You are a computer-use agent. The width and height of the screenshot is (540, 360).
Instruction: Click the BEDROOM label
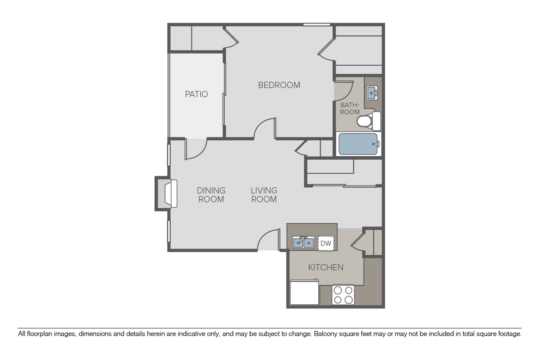coord(279,85)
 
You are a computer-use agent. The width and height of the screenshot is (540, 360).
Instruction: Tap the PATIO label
coord(196,94)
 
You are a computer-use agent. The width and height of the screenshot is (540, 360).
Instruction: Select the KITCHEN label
coord(326,267)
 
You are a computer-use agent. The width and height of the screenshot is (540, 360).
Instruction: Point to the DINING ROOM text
coord(211,195)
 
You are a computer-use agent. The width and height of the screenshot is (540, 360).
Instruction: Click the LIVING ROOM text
coord(264,195)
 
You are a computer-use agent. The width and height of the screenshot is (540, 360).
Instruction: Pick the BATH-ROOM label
coord(350,108)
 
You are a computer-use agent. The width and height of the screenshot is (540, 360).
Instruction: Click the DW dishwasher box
coord(326,243)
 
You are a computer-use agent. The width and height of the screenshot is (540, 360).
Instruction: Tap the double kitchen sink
coord(303,242)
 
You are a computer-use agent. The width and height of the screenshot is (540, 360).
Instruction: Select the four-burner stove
coord(343,295)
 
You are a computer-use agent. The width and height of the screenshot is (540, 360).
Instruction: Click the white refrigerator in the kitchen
coord(304,293)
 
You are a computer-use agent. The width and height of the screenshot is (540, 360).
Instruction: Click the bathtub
coord(358,144)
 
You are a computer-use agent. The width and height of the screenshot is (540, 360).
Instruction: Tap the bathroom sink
coord(372,92)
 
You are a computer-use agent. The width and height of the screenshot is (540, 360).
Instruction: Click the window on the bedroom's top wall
coord(317,24)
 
